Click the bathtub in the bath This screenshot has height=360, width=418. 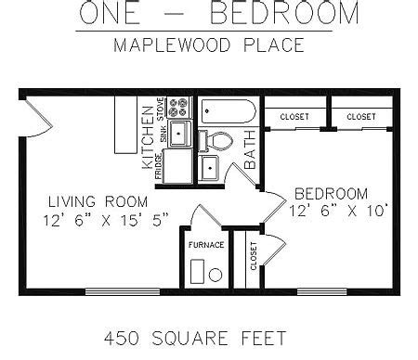pyautogui.click(x=229, y=111)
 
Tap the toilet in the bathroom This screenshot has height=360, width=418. pyautogui.click(x=216, y=141)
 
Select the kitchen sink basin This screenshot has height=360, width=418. pyautogui.click(x=179, y=134)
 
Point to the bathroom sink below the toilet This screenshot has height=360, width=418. pyautogui.click(x=209, y=168)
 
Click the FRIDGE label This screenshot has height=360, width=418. pyautogui.click(x=158, y=166)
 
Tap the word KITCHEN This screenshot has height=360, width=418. pyautogui.click(x=148, y=137)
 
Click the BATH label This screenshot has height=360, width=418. pyautogui.click(x=250, y=149)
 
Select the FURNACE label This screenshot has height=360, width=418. pyautogui.click(x=206, y=245)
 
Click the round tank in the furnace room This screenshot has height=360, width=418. pyautogui.click(x=216, y=275)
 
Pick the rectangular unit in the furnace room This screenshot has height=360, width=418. pyautogui.click(x=197, y=271)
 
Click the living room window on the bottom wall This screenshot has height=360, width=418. pyautogui.click(x=123, y=291)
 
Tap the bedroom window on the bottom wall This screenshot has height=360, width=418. pyautogui.click(x=322, y=291)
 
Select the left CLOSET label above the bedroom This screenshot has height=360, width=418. pyautogui.click(x=294, y=117)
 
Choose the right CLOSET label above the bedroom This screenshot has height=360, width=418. pyautogui.click(x=361, y=117)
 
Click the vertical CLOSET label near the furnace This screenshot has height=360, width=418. pyautogui.click(x=254, y=256)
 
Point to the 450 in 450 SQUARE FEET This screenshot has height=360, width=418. pyautogui.click(x=122, y=338)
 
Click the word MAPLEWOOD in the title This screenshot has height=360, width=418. pyautogui.click(x=172, y=45)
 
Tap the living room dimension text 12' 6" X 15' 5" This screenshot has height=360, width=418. pyautogui.click(x=106, y=221)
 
